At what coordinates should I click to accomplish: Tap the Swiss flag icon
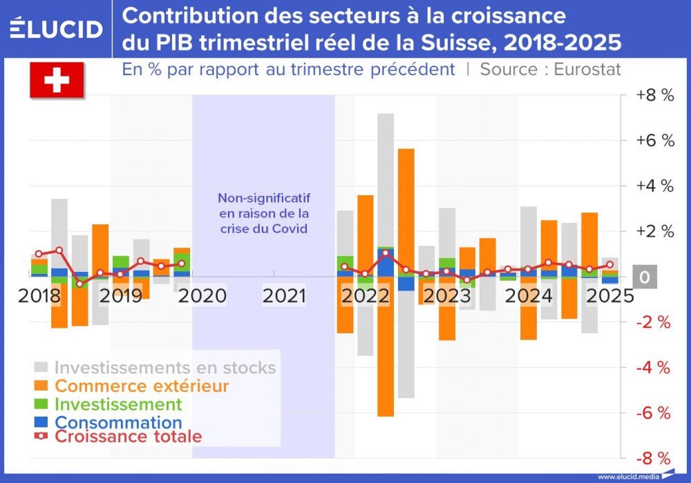[x=57, y=80]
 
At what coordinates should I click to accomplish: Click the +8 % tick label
[x=655, y=96]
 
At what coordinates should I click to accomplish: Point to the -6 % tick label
[x=654, y=413]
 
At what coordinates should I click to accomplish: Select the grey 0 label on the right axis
[x=645, y=277]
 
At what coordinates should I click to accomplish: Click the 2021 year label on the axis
[x=284, y=296]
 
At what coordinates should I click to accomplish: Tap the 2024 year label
[x=528, y=296]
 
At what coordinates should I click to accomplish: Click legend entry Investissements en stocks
[x=164, y=368]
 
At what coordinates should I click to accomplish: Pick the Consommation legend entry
[x=118, y=422]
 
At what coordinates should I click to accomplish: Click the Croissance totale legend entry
[x=128, y=437]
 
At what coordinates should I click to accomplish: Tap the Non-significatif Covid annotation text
[x=263, y=213]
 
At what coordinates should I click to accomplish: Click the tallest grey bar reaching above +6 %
[x=386, y=179]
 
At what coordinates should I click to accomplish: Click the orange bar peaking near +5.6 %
[x=406, y=207]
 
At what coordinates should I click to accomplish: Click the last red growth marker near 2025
[x=609, y=264]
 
